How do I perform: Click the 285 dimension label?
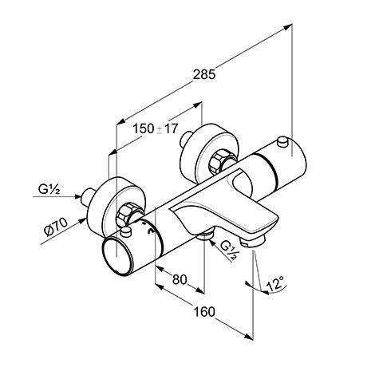(x=204, y=74)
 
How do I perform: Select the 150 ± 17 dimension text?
(x=155, y=128)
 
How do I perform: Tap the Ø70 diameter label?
(x=57, y=227)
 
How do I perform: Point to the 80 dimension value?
(x=180, y=279)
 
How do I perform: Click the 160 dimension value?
(x=204, y=312)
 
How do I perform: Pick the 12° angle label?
(x=274, y=283)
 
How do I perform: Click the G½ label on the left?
(x=49, y=190)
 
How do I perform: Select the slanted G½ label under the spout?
(x=228, y=251)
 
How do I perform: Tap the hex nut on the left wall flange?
(x=125, y=215)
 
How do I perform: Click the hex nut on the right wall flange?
(x=219, y=162)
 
